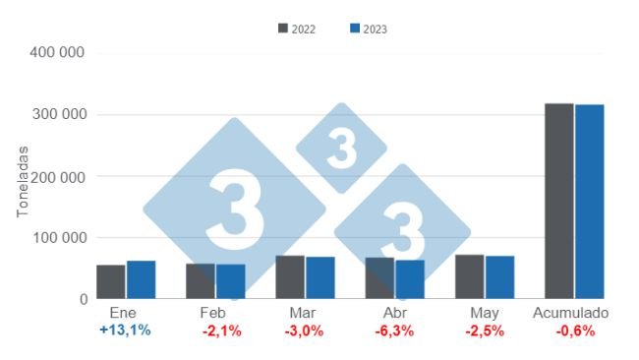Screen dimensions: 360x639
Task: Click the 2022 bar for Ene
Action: tap(110, 281)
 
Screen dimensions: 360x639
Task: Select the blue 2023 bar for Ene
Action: tap(141, 279)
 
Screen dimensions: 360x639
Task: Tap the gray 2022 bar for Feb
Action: tap(200, 280)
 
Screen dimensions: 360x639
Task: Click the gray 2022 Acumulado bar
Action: tap(558, 201)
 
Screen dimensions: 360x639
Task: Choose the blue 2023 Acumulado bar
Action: tap(590, 202)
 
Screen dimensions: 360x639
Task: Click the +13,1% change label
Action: tap(125, 330)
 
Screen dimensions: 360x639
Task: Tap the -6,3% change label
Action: tap(394, 330)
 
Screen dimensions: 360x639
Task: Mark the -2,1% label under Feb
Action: tap(214, 330)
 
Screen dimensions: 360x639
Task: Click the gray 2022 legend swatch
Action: tap(282, 29)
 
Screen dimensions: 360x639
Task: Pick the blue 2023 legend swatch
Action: tap(355, 29)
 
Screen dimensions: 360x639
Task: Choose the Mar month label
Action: tap(305, 313)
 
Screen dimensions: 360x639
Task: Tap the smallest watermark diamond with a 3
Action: tap(341, 148)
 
